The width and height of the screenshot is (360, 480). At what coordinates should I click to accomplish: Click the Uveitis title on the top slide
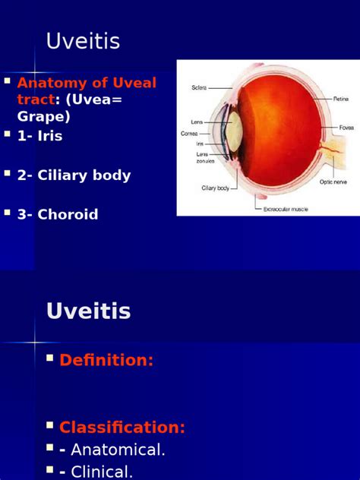point(83,41)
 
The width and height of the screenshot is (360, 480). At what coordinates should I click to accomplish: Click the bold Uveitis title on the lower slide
point(88,311)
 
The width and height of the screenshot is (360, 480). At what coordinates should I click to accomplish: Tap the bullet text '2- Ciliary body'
point(74,175)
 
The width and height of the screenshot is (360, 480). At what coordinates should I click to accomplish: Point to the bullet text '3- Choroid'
point(58,215)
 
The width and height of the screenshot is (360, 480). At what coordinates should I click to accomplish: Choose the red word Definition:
point(106,361)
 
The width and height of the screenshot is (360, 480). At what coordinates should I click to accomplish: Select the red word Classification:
point(122,427)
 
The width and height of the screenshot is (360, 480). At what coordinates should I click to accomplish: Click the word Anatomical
point(118,450)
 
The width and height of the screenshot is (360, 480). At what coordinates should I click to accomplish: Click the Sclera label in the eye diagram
point(198,88)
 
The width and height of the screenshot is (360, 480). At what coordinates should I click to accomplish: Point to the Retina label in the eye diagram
point(341,99)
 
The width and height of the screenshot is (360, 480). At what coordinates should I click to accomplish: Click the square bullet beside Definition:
point(50,358)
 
